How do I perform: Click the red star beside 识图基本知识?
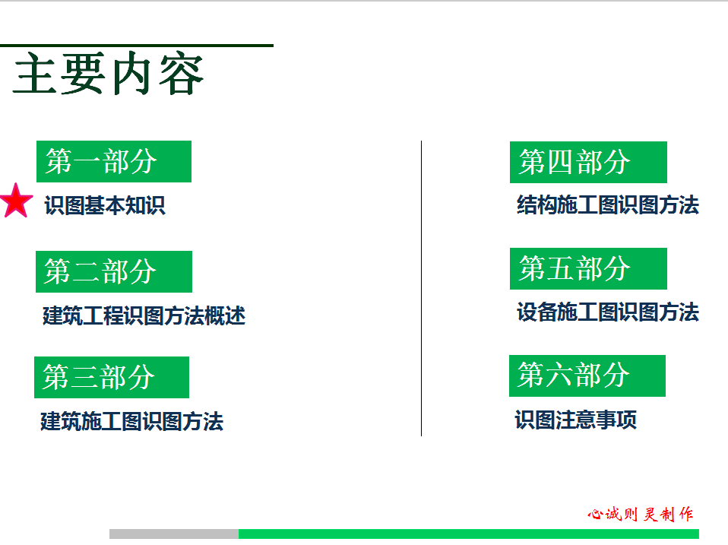[x=17, y=201]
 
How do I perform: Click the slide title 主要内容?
[x=108, y=73]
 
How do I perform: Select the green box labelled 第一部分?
[x=114, y=161]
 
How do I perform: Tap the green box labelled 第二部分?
[x=114, y=271]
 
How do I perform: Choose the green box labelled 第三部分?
[x=112, y=377]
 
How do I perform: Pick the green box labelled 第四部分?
[x=588, y=162]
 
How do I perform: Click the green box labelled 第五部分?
[x=588, y=268]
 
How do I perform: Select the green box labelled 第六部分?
[x=587, y=375]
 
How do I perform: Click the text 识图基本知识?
[x=105, y=205]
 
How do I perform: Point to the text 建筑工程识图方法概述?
[x=144, y=315]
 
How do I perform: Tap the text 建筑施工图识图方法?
[x=132, y=422]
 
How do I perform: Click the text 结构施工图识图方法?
[x=608, y=204]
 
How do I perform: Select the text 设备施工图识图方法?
[x=608, y=312]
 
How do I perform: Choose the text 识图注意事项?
[x=576, y=420]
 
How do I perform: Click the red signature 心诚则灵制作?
[x=641, y=514]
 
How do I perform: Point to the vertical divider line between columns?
[x=421, y=288]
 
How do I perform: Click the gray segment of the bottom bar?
[x=174, y=534]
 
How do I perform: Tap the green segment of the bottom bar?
[x=469, y=534]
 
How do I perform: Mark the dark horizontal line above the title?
[x=137, y=46]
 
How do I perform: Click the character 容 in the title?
[x=181, y=73]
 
